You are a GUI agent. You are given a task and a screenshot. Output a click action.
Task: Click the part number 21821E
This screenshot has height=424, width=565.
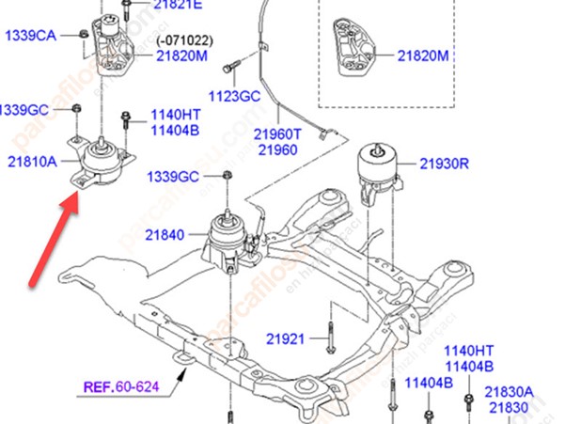pyautogui.click(x=176, y=5)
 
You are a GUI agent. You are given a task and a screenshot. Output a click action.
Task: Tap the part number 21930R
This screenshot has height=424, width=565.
pyautogui.click(x=444, y=163)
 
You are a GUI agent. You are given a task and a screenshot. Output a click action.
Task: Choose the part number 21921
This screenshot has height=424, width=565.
pyautogui.click(x=285, y=337)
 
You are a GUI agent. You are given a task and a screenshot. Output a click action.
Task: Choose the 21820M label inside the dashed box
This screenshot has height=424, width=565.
pyautogui.click(x=423, y=56)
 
